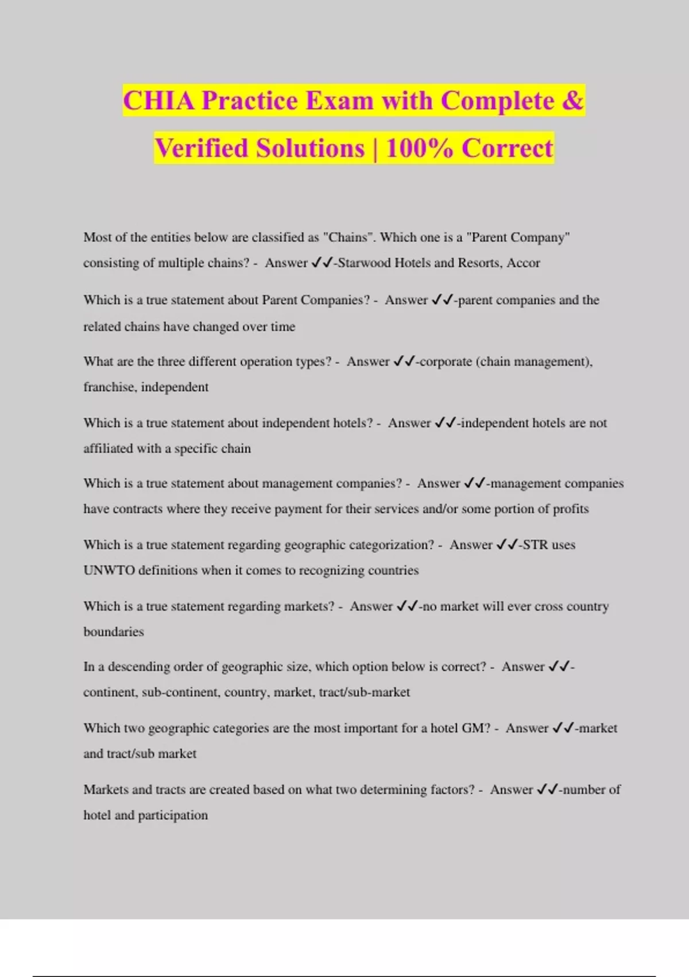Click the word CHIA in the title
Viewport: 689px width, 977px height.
click(159, 101)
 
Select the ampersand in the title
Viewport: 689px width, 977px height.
click(572, 101)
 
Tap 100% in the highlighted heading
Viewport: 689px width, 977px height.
click(419, 148)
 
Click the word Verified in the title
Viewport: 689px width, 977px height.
click(202, 148)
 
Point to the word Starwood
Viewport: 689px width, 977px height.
click(365, 263)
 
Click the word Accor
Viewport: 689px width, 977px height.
click(523, 263)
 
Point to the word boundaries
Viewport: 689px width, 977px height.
click(114, 632)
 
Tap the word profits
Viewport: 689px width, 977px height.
click(571, 509)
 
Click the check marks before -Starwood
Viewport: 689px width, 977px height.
click(322, 263)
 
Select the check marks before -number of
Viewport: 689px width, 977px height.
click(547, 790)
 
